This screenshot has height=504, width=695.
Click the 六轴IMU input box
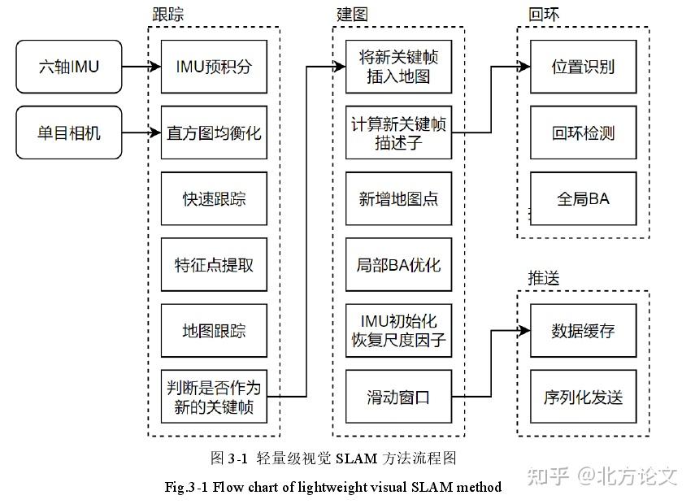click(x=69, y=67)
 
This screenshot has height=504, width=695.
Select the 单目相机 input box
click(x=69, y=133)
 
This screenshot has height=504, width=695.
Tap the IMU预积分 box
click(x=214, y=67)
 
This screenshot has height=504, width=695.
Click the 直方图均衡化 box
click(x=214, y=133)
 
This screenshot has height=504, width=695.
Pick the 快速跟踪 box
click(x=214, y=199)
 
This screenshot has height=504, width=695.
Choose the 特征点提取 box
click(x=214, y=265)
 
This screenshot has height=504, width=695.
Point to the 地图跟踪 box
click(x=214, y=331)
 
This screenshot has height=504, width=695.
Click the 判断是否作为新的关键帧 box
click(x=214, y=397)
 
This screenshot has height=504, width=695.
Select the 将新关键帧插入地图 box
click(x=398, y=67)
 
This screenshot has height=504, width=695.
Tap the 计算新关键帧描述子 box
click(x=398, y=133)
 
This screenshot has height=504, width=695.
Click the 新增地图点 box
click(x=398, y=199)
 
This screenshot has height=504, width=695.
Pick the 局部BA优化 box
click(x=398, y=265)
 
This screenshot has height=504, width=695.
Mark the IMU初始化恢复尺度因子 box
click(x=398, y=331)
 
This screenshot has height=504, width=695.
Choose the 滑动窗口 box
click(x=398, y=397)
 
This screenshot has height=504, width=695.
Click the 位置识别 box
click(x=583, y=67)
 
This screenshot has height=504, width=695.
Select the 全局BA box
click(x=583, y=199)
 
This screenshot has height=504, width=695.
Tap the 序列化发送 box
click(x=583, y=397)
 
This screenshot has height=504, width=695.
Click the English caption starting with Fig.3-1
click(x=332, y=488)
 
